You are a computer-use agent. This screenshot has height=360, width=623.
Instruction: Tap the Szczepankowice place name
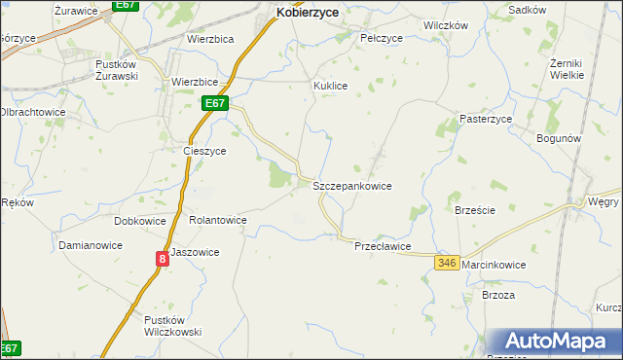[351, 185]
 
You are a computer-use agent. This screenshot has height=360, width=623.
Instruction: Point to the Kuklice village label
[330, 86]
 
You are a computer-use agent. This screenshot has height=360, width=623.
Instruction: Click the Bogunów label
[559, 138]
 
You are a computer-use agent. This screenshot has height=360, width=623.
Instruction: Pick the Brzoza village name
[497, 295]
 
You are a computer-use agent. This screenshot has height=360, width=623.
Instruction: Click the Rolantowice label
[218, 220]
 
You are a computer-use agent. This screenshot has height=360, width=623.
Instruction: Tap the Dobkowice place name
[140, 221]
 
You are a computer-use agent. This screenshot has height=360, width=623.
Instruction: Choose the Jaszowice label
[195, 252]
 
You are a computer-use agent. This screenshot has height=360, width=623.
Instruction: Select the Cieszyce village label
[204, 151]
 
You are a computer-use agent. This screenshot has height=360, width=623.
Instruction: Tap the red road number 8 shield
[162, 258]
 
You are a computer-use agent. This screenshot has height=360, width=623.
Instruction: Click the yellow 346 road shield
[447, 264]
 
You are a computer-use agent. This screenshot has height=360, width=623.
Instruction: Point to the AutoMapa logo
[561, 341]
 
